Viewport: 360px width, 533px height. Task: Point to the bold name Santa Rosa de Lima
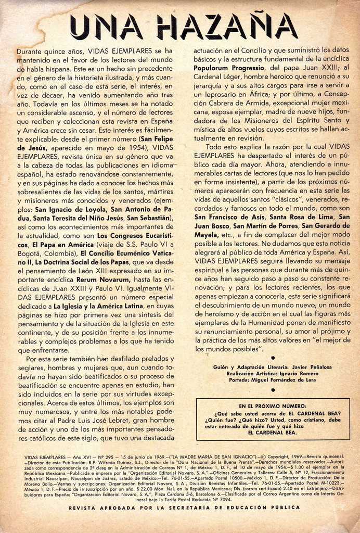click(x=302, y=217)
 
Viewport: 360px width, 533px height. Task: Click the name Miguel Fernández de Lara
click(x=295, y=379)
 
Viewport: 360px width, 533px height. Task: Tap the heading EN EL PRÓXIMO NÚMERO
click(x=273, y=406)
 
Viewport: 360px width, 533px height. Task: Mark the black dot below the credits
click(x=273, y=389)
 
